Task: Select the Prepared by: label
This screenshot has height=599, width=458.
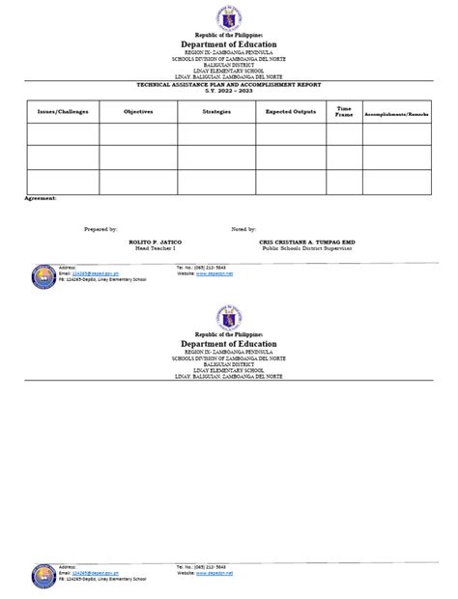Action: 101,230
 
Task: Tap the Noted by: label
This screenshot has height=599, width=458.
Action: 243,230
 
